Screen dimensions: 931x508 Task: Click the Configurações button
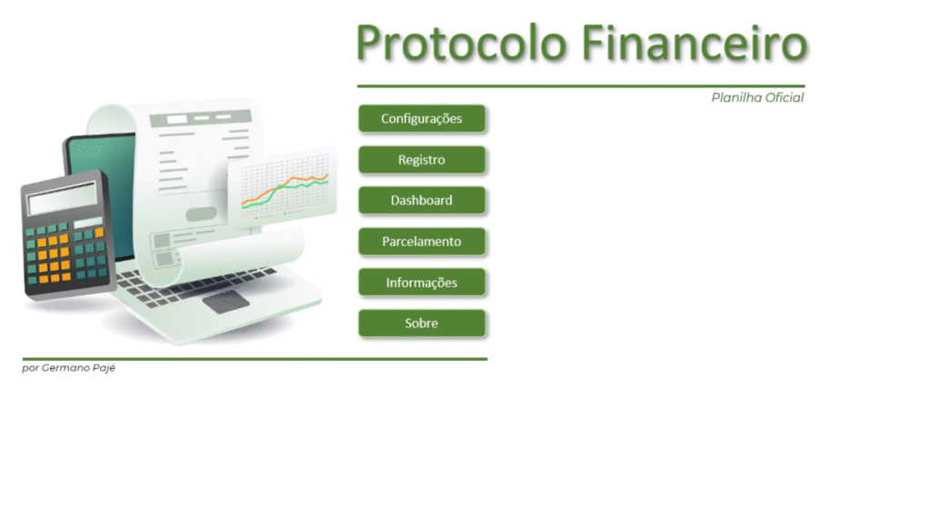(422, 119)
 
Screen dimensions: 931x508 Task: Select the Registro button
(422, 160)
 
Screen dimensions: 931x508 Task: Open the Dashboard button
(422, 201)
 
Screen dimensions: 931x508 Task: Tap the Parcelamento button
(422, 242)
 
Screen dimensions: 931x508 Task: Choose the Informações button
(422, 283)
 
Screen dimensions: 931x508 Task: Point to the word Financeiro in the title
(695, 43)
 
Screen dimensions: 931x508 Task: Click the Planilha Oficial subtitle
(757, 97)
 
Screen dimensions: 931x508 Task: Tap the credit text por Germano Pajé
(69, 368)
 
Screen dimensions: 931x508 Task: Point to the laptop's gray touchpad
(225, 302)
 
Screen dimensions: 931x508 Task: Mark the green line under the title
(581, 86)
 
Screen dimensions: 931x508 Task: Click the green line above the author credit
(255, 359)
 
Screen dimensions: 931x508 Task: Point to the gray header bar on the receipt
(201, 119)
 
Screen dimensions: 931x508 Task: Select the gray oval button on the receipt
(201, 214)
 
